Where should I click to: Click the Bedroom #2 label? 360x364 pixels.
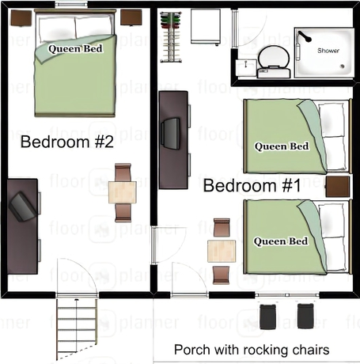pos(67,142)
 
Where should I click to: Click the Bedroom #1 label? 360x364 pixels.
pos(252,185)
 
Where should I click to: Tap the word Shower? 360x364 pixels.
pos(328,51)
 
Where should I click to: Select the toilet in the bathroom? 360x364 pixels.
pos(274,63)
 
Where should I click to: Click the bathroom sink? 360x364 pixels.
pos(246,68)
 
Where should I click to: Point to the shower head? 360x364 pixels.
pos(305,37)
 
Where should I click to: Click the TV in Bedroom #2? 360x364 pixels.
pos(22,207)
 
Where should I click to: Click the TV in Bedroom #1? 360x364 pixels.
pos(171,134)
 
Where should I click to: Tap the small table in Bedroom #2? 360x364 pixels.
pos(123,192)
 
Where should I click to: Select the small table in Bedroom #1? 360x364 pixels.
pos(222,251)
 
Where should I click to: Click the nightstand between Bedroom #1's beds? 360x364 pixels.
pos(338,187)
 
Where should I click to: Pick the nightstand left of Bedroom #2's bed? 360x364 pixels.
pos(21,18)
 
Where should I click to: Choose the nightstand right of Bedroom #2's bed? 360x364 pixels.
pos(131,17)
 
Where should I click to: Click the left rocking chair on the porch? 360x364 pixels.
pos(267,317)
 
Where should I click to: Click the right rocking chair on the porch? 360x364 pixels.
pos(305,316)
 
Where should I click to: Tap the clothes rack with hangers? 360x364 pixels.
pos(171,37)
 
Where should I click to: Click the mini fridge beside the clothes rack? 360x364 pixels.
pos(206,27)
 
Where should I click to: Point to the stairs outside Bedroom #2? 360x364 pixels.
pos(77,329)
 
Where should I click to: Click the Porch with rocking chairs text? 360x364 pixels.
pos(252,350)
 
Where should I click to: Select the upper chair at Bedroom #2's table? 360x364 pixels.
pos(123,173)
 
